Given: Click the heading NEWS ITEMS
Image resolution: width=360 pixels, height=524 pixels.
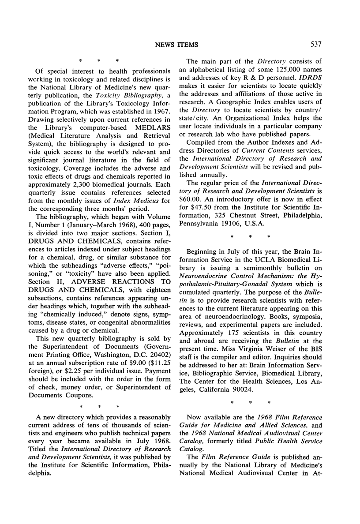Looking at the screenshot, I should point(180,44).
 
